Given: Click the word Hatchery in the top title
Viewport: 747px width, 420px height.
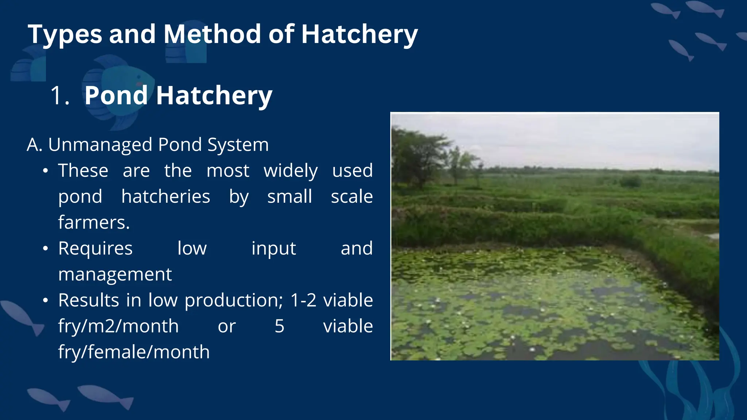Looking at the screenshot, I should pos(359,35).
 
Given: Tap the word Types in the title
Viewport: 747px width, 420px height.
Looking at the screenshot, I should pos(65,35).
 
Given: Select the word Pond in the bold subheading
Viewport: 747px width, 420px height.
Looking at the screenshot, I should pos(116,96).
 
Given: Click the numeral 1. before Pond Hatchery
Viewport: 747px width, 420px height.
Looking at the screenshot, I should pos(59,96).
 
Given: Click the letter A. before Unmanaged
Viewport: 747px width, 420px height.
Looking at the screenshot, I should pos(35,145).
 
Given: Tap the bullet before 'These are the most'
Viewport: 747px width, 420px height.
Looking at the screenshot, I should pos(45,171).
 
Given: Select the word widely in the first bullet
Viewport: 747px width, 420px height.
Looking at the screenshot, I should pos(291,171).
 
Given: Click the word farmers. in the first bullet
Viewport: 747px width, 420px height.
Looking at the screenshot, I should pos(94,222).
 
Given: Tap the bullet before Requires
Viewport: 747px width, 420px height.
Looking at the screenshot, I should pos(45,249).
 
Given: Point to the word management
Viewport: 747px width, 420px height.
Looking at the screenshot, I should pos(115,275).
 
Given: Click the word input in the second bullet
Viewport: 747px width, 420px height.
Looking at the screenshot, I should pos(274,249).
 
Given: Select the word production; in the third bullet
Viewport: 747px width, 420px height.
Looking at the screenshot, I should pos(233,301).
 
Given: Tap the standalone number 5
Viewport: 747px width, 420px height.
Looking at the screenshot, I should pos(279,326).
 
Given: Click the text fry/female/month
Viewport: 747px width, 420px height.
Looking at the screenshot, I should pos(134,352).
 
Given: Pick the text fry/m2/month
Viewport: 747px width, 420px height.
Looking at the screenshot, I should pos(118,326).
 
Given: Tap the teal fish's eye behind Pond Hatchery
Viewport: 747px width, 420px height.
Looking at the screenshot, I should pos(139,77).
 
